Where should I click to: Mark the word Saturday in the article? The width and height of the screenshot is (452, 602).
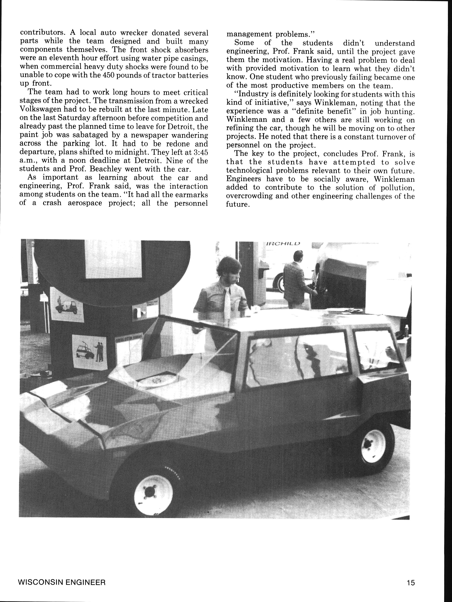point(77,118)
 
